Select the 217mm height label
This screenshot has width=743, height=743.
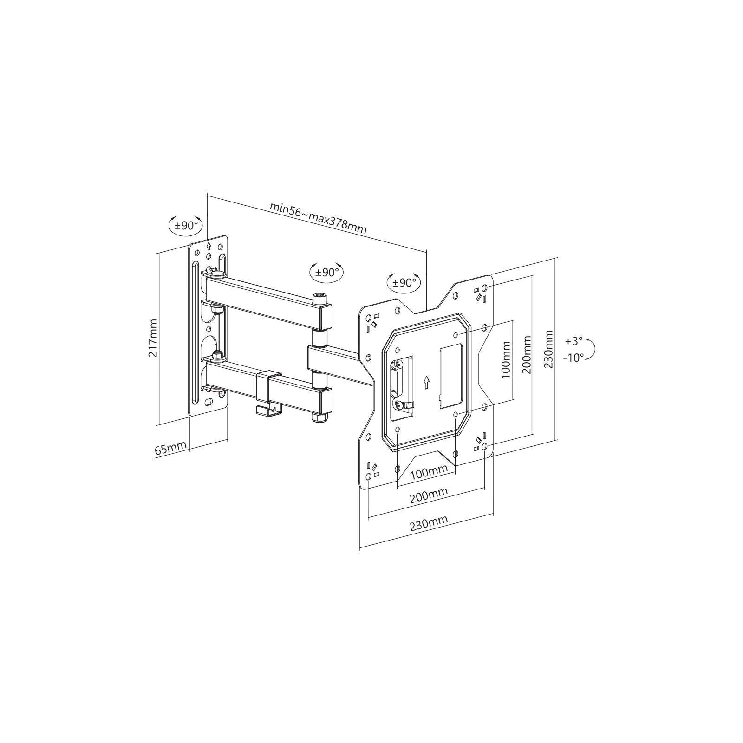click(x=153, y=338)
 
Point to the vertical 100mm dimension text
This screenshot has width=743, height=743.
click(x=506, y=359)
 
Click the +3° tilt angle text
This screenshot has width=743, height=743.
click(x=574, y=341)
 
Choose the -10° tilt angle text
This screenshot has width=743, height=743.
click(x=574, y=358)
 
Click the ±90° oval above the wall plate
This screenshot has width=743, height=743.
click(x=185, y=226)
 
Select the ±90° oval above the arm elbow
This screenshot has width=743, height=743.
click(x=327, y=272)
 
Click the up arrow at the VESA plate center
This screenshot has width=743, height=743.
click(x=426, y=382)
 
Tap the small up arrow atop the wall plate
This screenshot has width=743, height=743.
click(x=209, y=247)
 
